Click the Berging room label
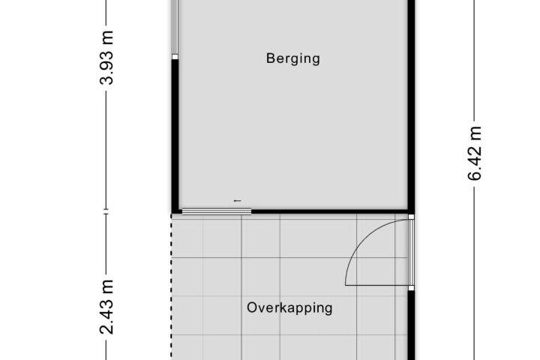tap(293, 59)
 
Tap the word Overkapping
tap(289, 308)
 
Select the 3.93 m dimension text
tap(106, 58)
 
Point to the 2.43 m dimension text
tap(106, 307)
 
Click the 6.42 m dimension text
tap(475, 154)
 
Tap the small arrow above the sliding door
tap(238, 200)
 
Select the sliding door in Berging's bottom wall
tap(217, 211)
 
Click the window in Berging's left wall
tap(175, 30)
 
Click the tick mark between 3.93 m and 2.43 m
tap(106, 211)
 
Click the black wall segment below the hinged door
tap(411, 325)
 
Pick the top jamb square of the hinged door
tap(411, 217)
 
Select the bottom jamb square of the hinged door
tap(411, 288)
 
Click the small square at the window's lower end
tap(175, 57)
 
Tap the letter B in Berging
tap(270, 58)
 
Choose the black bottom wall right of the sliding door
tap(329, 211)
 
